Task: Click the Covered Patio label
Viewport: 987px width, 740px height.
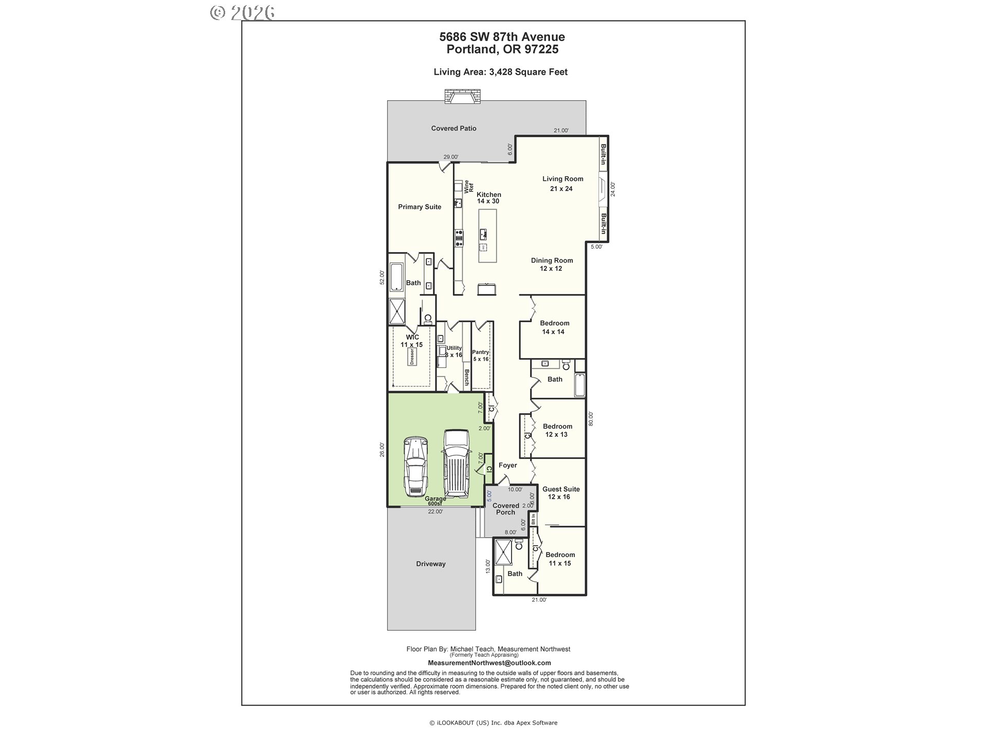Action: [453, 128]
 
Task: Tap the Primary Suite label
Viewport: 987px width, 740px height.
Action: [419, 207]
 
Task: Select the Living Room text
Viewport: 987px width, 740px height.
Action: [563, 179]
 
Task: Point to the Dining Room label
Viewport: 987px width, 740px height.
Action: [552, 261]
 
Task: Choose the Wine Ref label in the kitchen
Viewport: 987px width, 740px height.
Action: [469, 187]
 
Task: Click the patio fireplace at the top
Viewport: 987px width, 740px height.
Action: [463, 97]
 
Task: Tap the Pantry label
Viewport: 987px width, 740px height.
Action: [481, 352]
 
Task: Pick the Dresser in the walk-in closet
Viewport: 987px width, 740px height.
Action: [411, 357]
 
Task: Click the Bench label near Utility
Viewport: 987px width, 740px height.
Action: [467, 378]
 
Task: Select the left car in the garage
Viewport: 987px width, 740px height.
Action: [415, 467]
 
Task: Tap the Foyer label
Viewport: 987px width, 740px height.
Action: [507, 466]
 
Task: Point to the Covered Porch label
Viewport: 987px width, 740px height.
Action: [506, 509]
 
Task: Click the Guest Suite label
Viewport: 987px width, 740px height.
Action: [561, 489]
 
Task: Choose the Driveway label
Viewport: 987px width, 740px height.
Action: [431, 564]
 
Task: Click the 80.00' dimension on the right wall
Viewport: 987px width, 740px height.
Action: [591, 419]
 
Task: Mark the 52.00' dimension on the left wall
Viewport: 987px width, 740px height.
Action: [382, 277]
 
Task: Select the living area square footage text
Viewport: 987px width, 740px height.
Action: [501, 72]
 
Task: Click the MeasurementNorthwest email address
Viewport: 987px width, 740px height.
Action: [489, 663]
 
